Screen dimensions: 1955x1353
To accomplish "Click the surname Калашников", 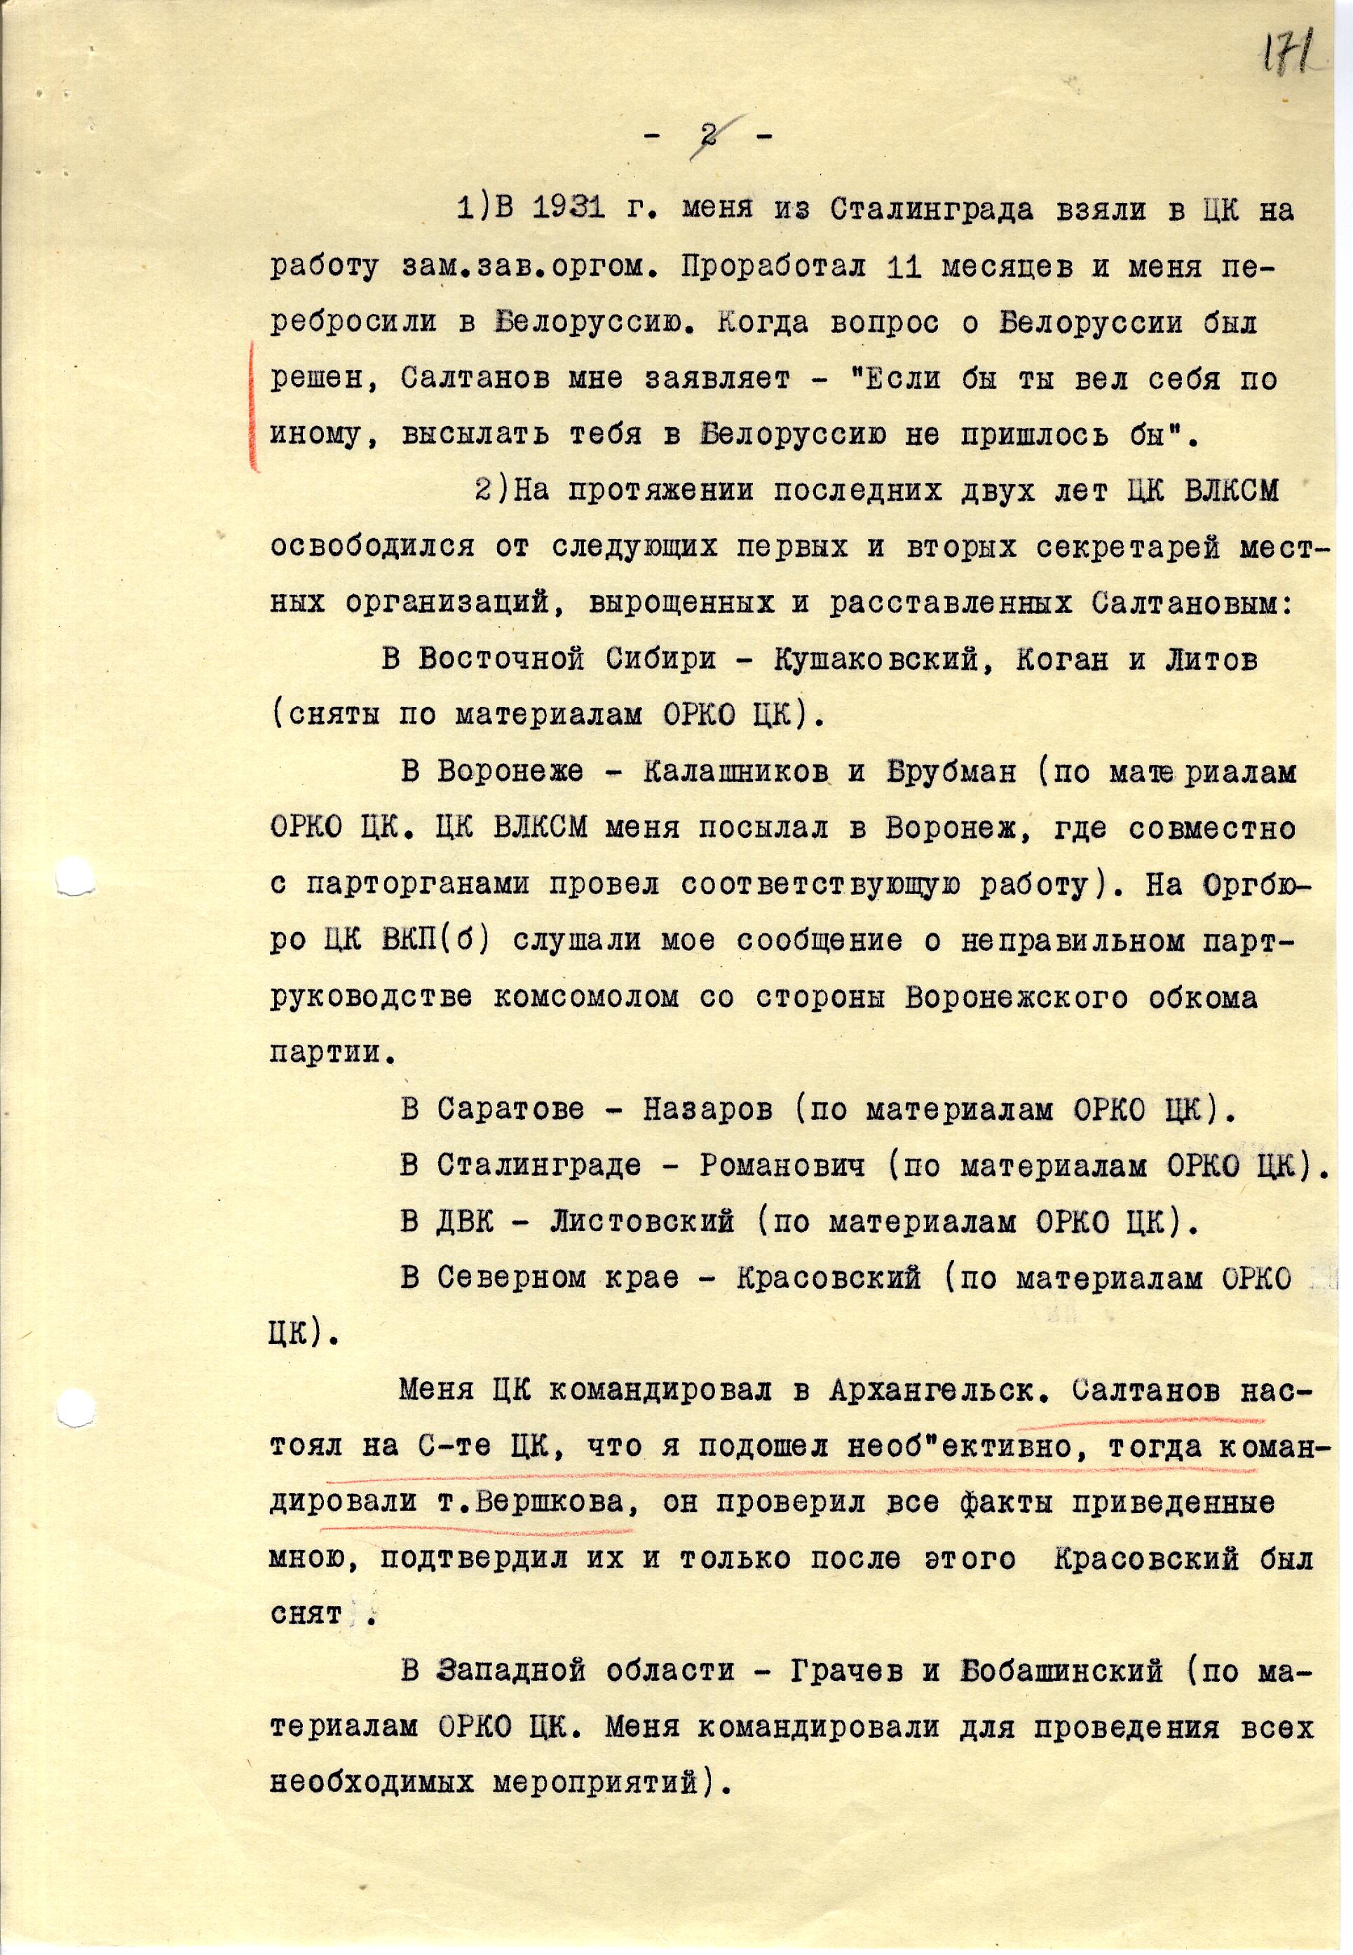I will point(735,773).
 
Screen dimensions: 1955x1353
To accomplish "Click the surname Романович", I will point(782,1166).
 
